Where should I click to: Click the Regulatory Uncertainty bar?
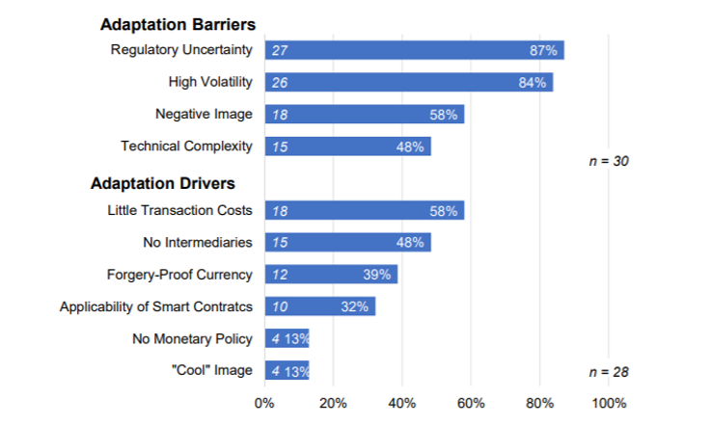pos(414,50)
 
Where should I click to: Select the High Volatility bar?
pos(408,83)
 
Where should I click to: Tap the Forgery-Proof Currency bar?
pos(331,275)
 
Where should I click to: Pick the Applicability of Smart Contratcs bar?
pos(319,307)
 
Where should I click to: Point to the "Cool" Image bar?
pos(287,371)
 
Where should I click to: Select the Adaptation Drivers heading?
pos(163,183)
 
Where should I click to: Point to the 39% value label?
pos(377,275)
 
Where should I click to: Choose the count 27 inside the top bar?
pos(280,50)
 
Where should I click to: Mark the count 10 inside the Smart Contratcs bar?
pos(280,307)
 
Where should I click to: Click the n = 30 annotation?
pos(609,161)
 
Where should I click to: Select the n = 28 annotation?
pos(609,371)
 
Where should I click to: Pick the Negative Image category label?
pos(204,114)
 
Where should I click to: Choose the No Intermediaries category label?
pos(192,243)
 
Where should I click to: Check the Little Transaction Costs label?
pos(179,210)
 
